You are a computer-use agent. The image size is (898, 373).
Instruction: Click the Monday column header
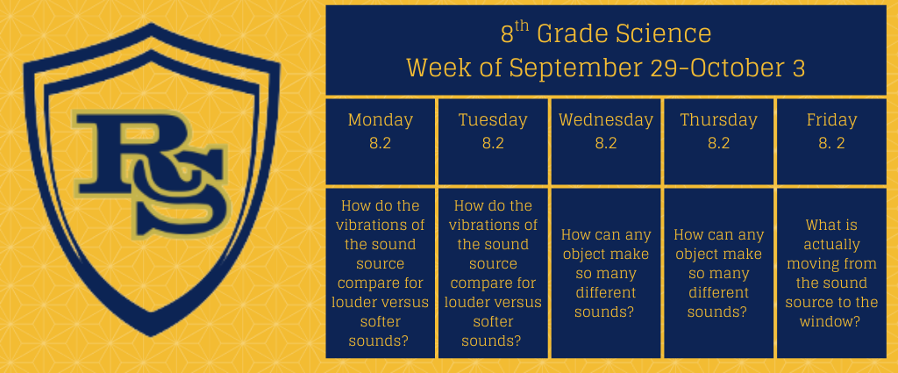pyautogui.click(x=381, y=120)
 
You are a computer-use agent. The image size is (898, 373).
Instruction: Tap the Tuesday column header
pyautogui.click(x=493, y=120)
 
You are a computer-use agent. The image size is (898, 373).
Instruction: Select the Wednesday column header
pyautogui.click(x=606, y=120)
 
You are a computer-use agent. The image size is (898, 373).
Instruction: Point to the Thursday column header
pyautogui.click(x=719, y=120)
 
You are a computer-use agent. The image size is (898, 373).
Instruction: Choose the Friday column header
pyautogui.click(x=831, y=120)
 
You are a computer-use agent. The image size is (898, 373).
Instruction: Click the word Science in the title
pyautogui.click(x=664, y=34)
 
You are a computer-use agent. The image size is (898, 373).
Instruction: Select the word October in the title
pyautogui.click(x=737, y=68)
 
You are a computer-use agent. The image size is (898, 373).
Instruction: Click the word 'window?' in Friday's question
pyautogui.click(x=831, y=321)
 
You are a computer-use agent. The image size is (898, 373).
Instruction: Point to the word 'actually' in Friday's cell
pyautogui.click(x=831, y=245)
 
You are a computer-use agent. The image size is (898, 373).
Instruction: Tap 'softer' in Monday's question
pyautogui.click(x=381, y=321)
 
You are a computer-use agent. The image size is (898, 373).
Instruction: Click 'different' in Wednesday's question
pyautogui.click(x=606, y=293)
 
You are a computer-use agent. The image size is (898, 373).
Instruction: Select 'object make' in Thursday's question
pyautogui.click(x=719, y=254)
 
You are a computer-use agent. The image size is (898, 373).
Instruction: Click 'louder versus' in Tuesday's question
pyautogui.click(x=493, y=302)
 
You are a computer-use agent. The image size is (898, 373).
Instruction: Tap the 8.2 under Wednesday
pyautogui.click(x=606, y=143)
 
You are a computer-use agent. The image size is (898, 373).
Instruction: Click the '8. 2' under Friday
pyautogui.click(x=831, y=143)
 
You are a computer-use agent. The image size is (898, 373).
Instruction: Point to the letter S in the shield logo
pyautogui.click(x=177, y=192)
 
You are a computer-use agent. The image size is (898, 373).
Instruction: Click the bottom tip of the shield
pyautogui.click(x=151, y=336)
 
